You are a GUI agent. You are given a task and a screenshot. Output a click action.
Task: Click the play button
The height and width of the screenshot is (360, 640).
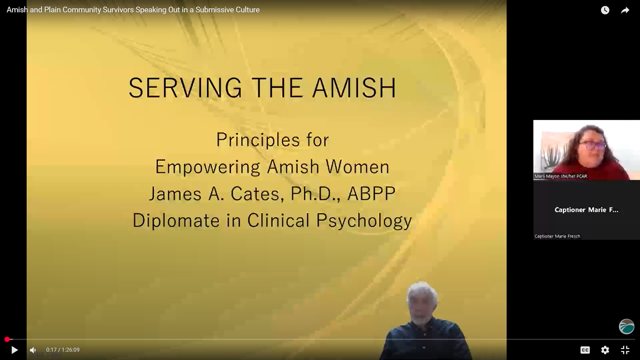14,350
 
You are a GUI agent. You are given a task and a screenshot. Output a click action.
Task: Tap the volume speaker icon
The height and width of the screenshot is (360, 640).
33,350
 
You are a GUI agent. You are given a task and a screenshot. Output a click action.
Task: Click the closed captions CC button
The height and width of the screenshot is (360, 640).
585,350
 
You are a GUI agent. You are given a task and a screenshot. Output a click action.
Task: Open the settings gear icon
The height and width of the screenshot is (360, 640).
605,350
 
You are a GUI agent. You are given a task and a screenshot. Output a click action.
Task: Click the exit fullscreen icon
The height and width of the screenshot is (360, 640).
625,350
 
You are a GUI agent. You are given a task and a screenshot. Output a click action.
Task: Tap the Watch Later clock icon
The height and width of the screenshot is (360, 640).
605,10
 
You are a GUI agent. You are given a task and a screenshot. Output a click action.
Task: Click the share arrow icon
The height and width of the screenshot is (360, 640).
625,10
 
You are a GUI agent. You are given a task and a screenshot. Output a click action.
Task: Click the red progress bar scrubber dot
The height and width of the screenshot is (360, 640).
7,339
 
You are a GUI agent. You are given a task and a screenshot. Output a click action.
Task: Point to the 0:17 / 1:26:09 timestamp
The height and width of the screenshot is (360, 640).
63,350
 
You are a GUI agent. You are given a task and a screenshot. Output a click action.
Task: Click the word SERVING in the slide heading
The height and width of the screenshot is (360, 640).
185,88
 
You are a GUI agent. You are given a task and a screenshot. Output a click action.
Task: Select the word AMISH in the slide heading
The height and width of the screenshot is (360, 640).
354,88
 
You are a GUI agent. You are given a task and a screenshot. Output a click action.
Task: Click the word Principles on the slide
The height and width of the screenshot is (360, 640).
258,140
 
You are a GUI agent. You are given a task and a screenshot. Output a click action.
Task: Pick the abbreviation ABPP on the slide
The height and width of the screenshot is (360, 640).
371,194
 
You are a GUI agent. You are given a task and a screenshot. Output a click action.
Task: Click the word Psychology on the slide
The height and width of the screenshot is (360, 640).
364,221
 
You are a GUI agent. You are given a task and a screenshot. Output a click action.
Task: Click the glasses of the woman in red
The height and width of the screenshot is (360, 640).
592,145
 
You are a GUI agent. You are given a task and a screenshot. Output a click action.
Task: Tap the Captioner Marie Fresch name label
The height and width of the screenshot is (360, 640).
557,236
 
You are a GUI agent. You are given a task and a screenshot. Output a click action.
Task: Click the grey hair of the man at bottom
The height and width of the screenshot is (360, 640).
422,293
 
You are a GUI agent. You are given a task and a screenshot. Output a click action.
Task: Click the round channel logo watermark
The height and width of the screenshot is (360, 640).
627,327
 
